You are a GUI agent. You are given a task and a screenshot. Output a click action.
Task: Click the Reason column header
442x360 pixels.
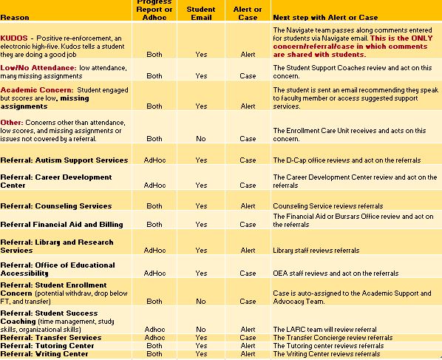(15, 18)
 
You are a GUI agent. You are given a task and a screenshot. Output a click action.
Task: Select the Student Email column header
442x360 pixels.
(201, 13)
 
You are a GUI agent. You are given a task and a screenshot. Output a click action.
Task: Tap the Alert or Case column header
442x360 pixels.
(248, 13)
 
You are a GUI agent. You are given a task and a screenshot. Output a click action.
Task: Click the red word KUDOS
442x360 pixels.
(14, 38)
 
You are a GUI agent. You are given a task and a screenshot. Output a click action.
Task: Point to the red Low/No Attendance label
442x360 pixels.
(38, 68)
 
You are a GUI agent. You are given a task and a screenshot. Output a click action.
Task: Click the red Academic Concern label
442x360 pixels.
(37, 90)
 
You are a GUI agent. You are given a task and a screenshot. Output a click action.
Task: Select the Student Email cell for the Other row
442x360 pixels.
(201, 139)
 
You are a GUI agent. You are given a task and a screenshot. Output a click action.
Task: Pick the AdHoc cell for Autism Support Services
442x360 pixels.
(154, 160)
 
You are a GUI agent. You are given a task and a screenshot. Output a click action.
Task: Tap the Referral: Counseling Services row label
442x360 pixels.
(56, 206)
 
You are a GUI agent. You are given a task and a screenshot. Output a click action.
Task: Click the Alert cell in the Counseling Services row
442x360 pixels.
(248, 206)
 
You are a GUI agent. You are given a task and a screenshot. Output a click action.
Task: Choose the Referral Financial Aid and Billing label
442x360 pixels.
(62, 225)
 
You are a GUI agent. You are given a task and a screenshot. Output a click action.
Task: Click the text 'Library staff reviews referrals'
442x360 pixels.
(316, 251)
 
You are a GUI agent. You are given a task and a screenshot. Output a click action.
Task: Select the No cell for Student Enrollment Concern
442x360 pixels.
(201, 302)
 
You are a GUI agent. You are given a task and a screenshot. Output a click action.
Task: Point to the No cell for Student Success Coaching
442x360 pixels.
(201, 329)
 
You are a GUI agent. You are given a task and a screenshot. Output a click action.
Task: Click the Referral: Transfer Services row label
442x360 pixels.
(51, 337)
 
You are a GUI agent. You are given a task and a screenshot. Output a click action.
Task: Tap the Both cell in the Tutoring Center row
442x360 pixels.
(154, 346)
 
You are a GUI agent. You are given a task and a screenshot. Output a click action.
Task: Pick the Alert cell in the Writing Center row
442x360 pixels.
(248, 354)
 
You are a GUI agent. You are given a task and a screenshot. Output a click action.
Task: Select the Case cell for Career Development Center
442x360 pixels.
(248, 186)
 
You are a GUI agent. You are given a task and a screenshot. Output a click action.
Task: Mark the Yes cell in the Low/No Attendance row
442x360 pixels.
(201, 76)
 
